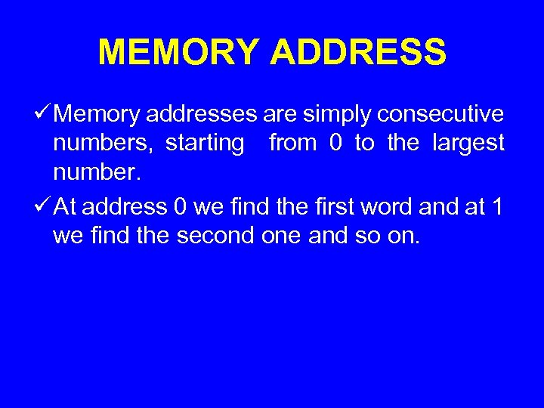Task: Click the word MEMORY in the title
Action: (178, 53)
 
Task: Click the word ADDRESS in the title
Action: (358, 53)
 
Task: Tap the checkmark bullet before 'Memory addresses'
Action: (44, 114)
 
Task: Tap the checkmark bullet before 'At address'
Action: (44, 206)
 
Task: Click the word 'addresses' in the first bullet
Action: (202, 115)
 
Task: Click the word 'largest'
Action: (468, 144)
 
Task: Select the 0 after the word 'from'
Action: (335, 144)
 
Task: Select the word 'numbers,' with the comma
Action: (102, 144)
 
